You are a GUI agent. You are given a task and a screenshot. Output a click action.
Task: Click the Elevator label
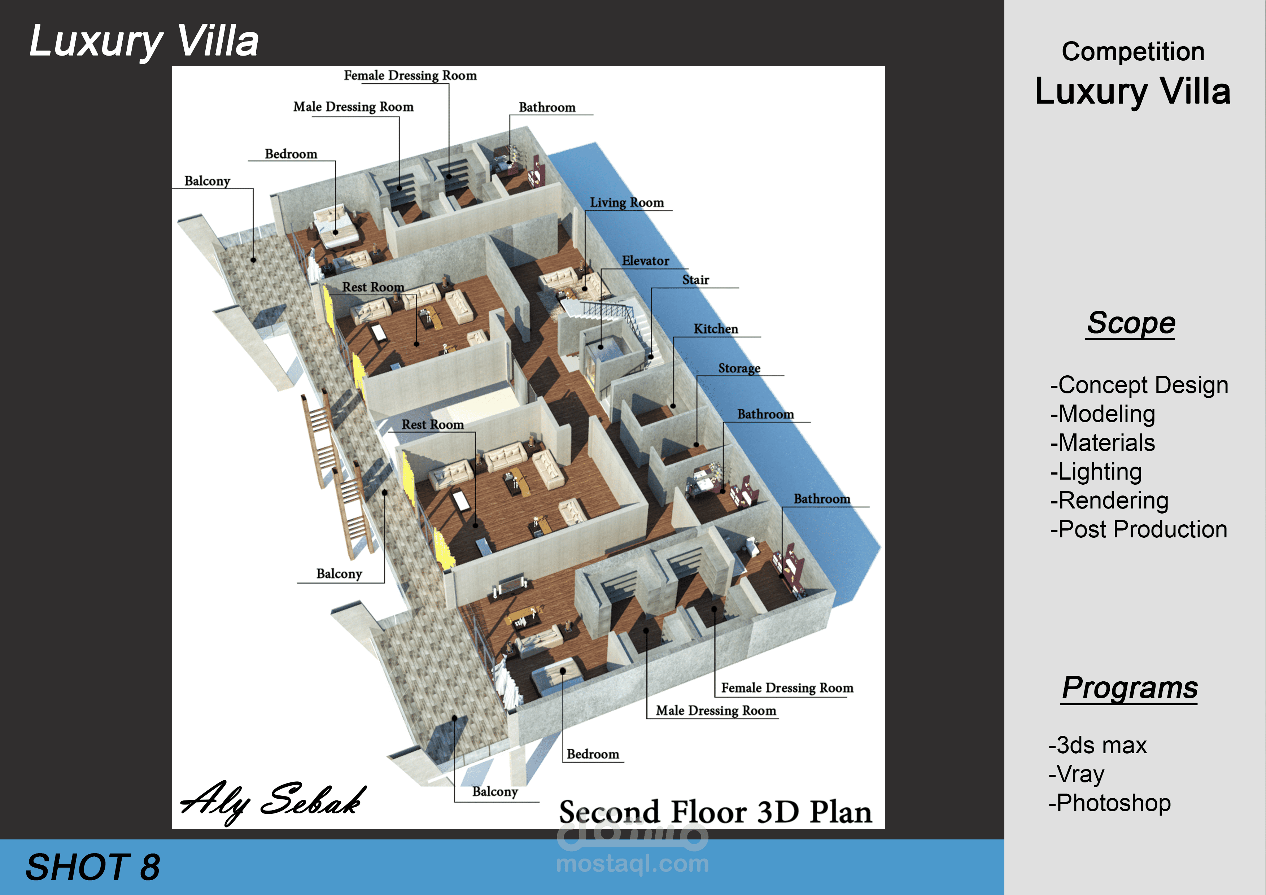pyautogui.click(x=645, y=261)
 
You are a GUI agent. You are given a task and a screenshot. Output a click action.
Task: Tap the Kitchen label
pyautogui.click(x=715, y=329)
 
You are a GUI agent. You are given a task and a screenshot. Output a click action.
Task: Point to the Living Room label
pyautogui.click(x=627, y=203)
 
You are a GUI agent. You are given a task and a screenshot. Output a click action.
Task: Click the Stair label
pyautogui.click(x=695, y=280)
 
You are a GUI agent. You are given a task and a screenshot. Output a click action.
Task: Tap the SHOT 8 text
pyautogui.click(x=93, y=867)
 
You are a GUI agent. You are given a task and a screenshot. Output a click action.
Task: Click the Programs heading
pyautogui.click(x=1130, y=687)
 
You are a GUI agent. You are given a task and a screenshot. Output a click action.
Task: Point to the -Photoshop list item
pyautogui.click(x=1109, y=803)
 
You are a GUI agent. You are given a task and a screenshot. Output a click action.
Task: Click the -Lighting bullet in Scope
pyautogui.click(x=1096, y=471)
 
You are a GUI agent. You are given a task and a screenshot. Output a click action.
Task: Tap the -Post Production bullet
pyautogui.click(x=1138, y=529)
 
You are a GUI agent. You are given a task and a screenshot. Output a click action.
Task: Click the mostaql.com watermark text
pyautogui.click(x=632, y=864)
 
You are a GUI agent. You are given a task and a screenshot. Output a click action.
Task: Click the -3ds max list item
pyautogui.click(x=1097, y=746)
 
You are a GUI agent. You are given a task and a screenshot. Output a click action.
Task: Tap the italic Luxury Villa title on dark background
pyautogui.click(x=144, y=42)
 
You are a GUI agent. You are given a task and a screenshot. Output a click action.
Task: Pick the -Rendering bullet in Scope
pyautogui.click(x=1109, y=501)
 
